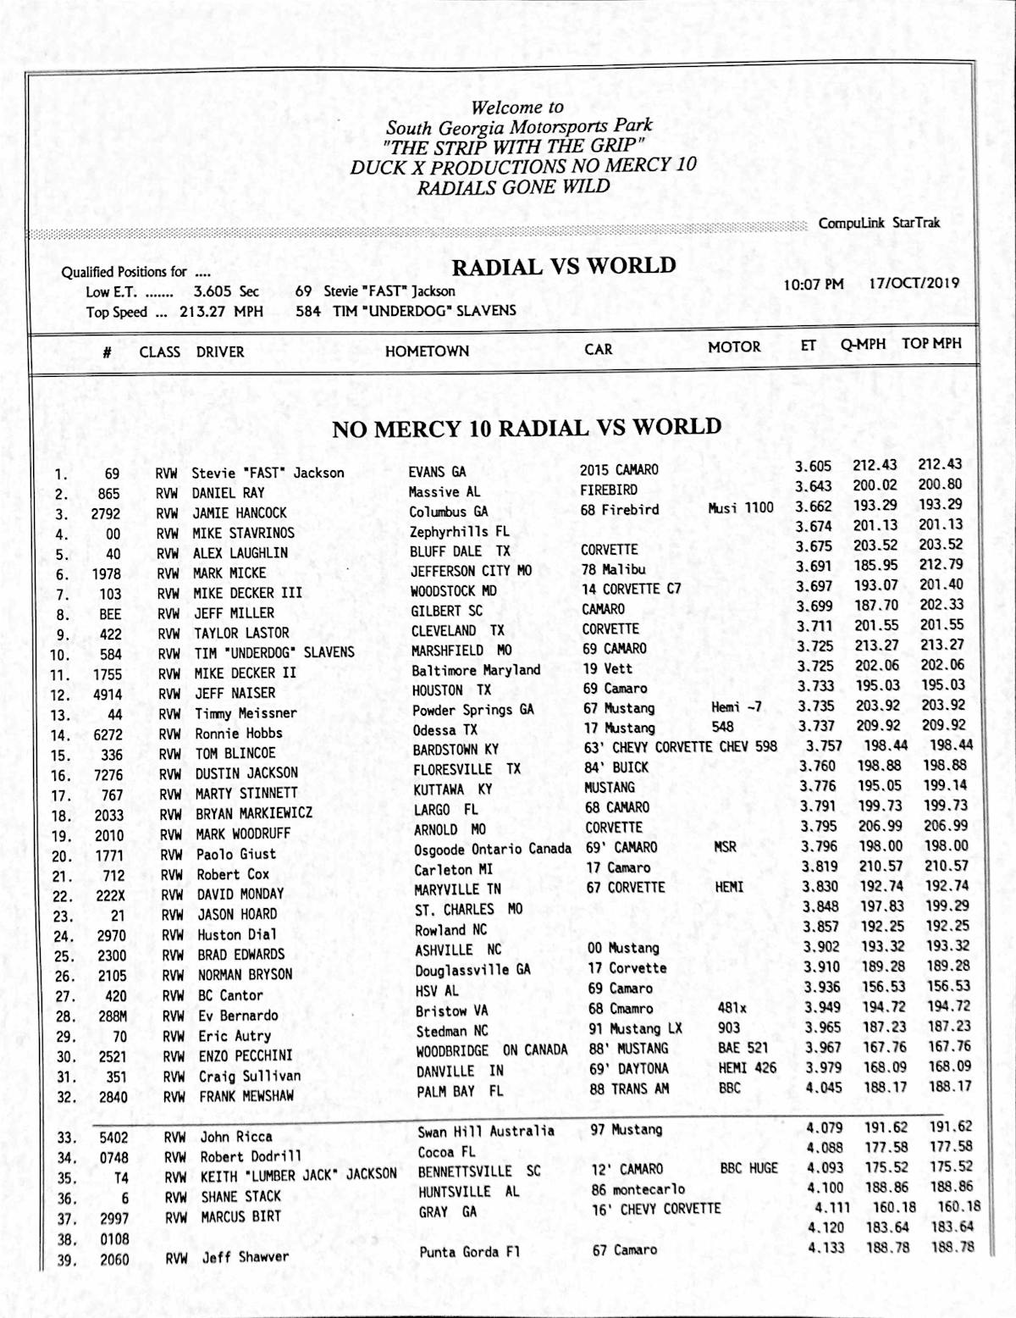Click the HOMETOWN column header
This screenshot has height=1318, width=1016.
click(x=427, y=351)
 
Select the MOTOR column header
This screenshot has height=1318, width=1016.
click(x=734, y=346)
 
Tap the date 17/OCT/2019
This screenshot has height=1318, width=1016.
click(x=914, y=283)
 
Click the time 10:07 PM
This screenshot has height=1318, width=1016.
click(x=813, y=285)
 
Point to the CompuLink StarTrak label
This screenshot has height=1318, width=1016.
click(x=879, y=223)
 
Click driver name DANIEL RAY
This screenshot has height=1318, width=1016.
click(x=228, y=493)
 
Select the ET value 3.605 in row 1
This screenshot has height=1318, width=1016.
click(x=813, y=466)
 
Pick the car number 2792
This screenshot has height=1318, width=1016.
click(x=106, y=514)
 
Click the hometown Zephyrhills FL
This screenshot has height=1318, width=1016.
click(x=460, y=532)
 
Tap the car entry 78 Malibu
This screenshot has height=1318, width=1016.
click(x=613, y=569)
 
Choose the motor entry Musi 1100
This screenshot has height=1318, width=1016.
click(x=741, y=508)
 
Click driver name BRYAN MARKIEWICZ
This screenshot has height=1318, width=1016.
click(x=254, y=813)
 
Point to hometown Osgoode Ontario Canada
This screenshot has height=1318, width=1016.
click(x=493, y=849)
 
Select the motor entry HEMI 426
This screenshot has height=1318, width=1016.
click(x=747, y=1068)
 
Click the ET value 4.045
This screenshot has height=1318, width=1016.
click(x=824, y=1088)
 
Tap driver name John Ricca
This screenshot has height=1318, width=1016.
click(x=236, y=1137)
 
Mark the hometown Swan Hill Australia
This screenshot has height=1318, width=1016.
click(x=486, y=1132)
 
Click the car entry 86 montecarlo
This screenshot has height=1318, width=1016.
click(x=638, y=1189)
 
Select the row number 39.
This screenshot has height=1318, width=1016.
click(x=66, y=1260)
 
